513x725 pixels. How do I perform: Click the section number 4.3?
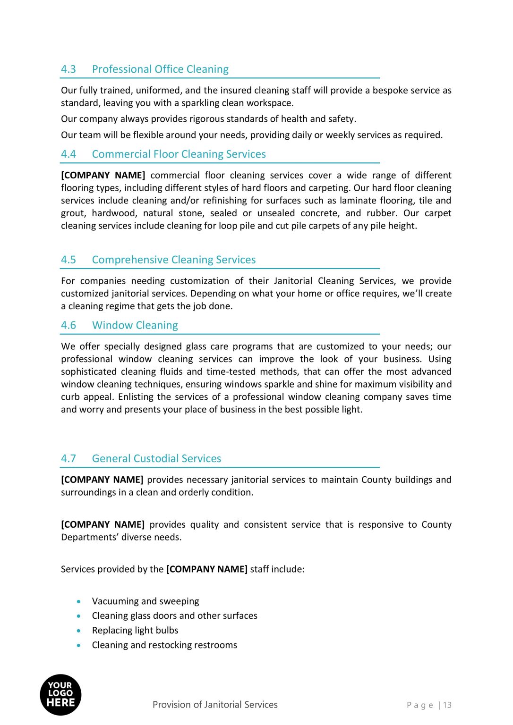[68, 69]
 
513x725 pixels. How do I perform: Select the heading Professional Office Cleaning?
[160, 69]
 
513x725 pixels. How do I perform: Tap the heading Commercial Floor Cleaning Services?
[179, 154]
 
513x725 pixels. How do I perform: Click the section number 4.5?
[68, 260]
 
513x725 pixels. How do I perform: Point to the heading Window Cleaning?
[135, 326]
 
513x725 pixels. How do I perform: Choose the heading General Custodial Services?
[156, 459]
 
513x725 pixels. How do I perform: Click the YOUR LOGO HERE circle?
[60, 694]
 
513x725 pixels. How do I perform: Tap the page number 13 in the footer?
[447, 705]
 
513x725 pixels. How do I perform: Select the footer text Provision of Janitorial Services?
[215, 705]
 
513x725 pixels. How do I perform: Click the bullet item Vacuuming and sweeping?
[145, 601]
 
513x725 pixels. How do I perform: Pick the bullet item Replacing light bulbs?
[135, 631]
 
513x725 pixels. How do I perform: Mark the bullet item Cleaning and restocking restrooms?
[164, 645]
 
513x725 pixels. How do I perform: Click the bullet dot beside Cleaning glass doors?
[79, 616]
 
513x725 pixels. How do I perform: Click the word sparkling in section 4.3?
[201, 103]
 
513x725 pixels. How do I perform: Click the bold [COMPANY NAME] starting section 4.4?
[103, 176]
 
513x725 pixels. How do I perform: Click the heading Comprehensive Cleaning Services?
[174, 260]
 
